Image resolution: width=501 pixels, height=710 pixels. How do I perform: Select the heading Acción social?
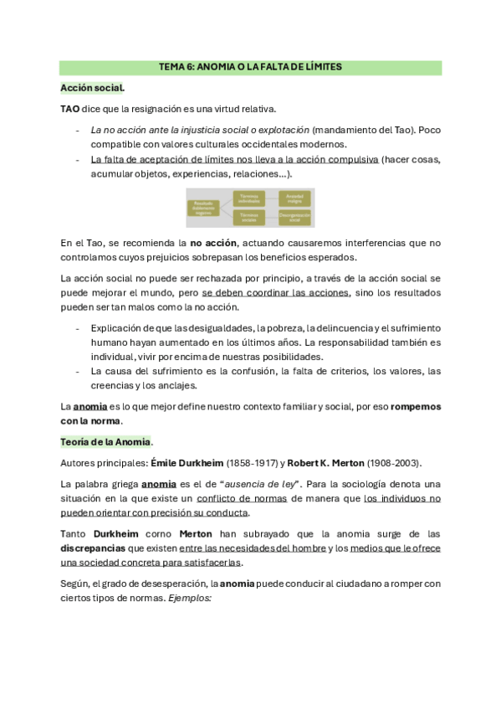coord(92,88)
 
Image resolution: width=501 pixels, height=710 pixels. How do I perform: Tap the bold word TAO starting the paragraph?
coord(70,109)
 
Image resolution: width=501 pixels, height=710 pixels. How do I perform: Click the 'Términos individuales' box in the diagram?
coord(248,198)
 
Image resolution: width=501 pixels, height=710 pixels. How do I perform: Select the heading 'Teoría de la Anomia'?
coord(106,441)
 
